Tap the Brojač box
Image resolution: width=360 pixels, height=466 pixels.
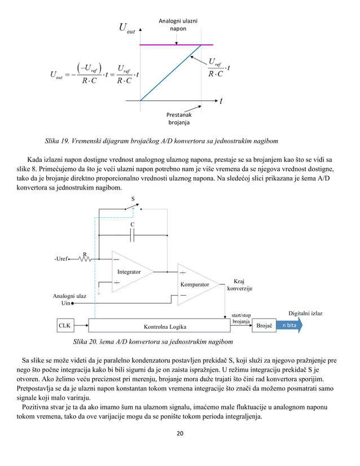(x=264, y=326)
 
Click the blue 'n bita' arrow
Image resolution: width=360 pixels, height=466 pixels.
(x=290, y=326)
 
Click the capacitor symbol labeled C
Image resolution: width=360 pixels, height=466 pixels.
(x=132, y=235)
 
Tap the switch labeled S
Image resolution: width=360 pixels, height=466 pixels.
(x=133, y=207)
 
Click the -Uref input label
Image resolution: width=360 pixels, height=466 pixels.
(x=60, y=260)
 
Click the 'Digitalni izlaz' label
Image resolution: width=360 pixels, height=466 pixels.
(x=305, y=313)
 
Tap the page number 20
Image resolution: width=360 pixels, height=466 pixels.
(x=180, y=433)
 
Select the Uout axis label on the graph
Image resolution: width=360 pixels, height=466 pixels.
(x=126, y=28)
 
